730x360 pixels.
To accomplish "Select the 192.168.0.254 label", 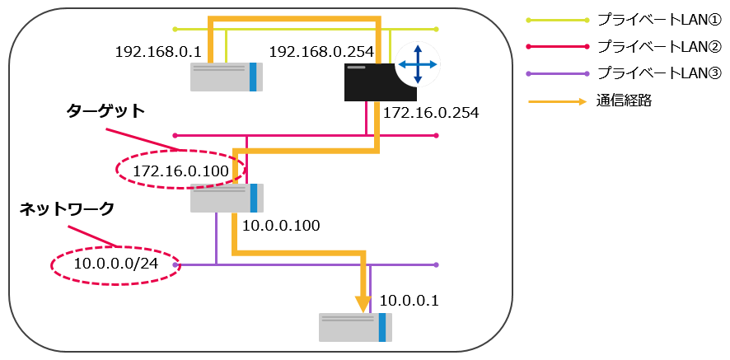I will pyautogui.click(x=321, y=51).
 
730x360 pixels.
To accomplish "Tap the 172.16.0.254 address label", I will pyautogui.click(x=432, y=110).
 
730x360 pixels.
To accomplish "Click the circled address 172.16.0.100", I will pyautogui.click(x=180, y=170).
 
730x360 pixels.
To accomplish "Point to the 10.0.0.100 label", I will pyautogui.click(x=281, y=225).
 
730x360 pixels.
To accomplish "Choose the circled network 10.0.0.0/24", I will pyautogui.click(x=115, y=264).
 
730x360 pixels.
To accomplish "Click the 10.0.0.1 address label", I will pyautogui.click(x=409, y=301).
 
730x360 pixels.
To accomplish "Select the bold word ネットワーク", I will pyautogui.click(x=67, y=209).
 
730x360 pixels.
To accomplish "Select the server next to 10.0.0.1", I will pyautogui.click(x=355, y=326).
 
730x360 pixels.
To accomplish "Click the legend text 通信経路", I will pyautogui.click(x=623, y=101).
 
